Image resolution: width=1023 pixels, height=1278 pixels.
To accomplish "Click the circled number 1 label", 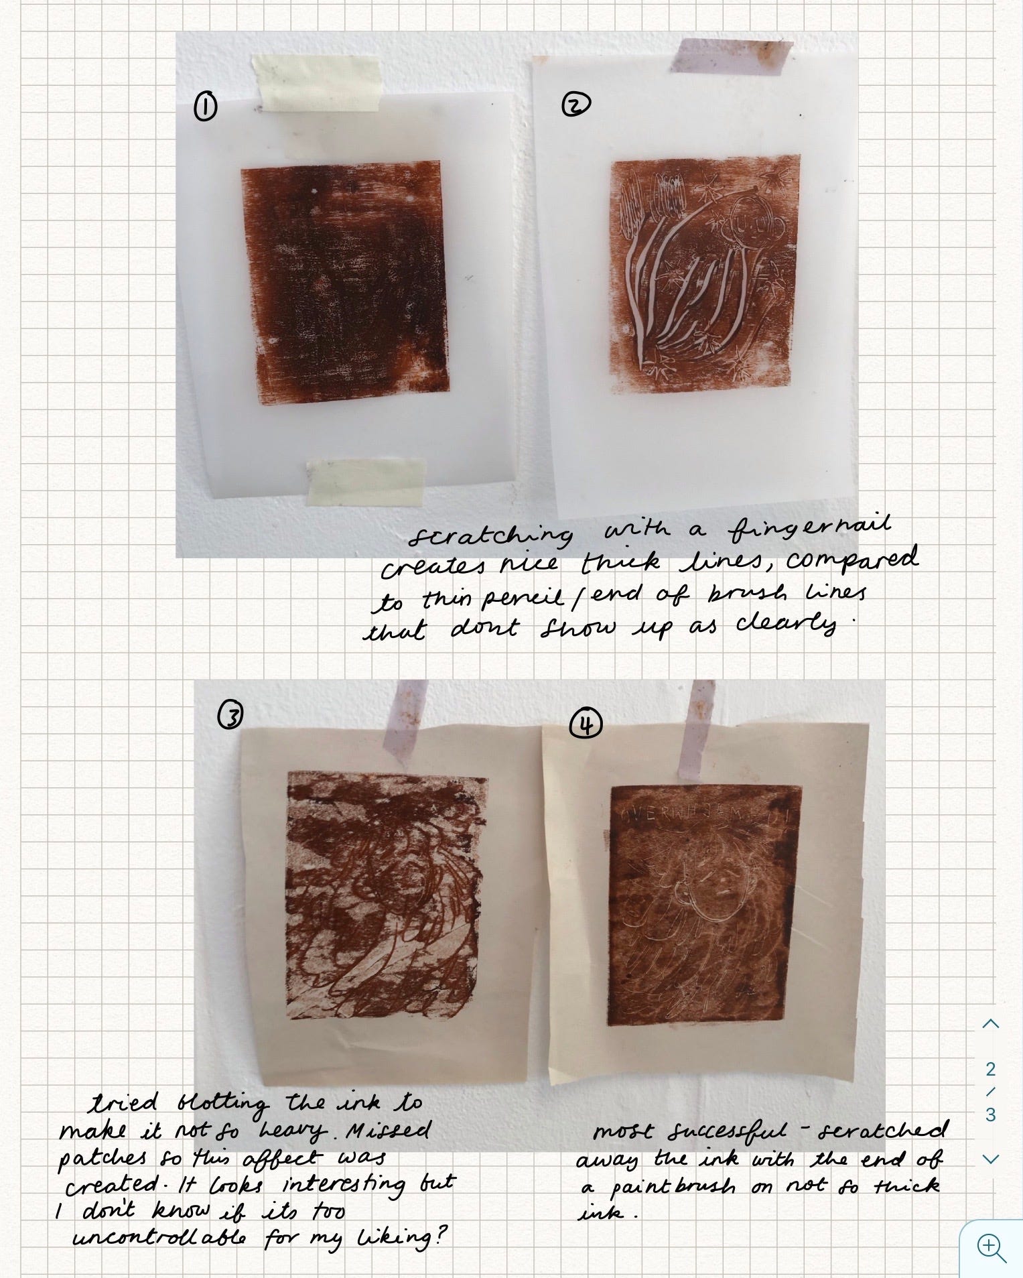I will click(x=206, y=107).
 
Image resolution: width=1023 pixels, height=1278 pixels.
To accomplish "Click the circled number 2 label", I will click(x=575, y=105).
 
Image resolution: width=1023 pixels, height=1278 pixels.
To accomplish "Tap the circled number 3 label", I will click(x=230, y=716).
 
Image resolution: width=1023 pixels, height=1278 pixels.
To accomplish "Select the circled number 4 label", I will click(x=586, y=724).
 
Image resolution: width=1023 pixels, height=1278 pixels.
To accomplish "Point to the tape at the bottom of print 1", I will click(x=366, y=481).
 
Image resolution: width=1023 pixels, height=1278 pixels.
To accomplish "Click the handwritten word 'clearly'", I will click(x=788, y=625).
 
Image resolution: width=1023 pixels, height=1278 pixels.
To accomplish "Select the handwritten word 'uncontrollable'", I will click(x=159, y=1237).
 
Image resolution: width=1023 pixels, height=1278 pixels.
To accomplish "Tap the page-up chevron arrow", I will click(x=991, y=1023).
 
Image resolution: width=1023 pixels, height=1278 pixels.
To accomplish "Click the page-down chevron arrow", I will click(x=991, y=1159).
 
